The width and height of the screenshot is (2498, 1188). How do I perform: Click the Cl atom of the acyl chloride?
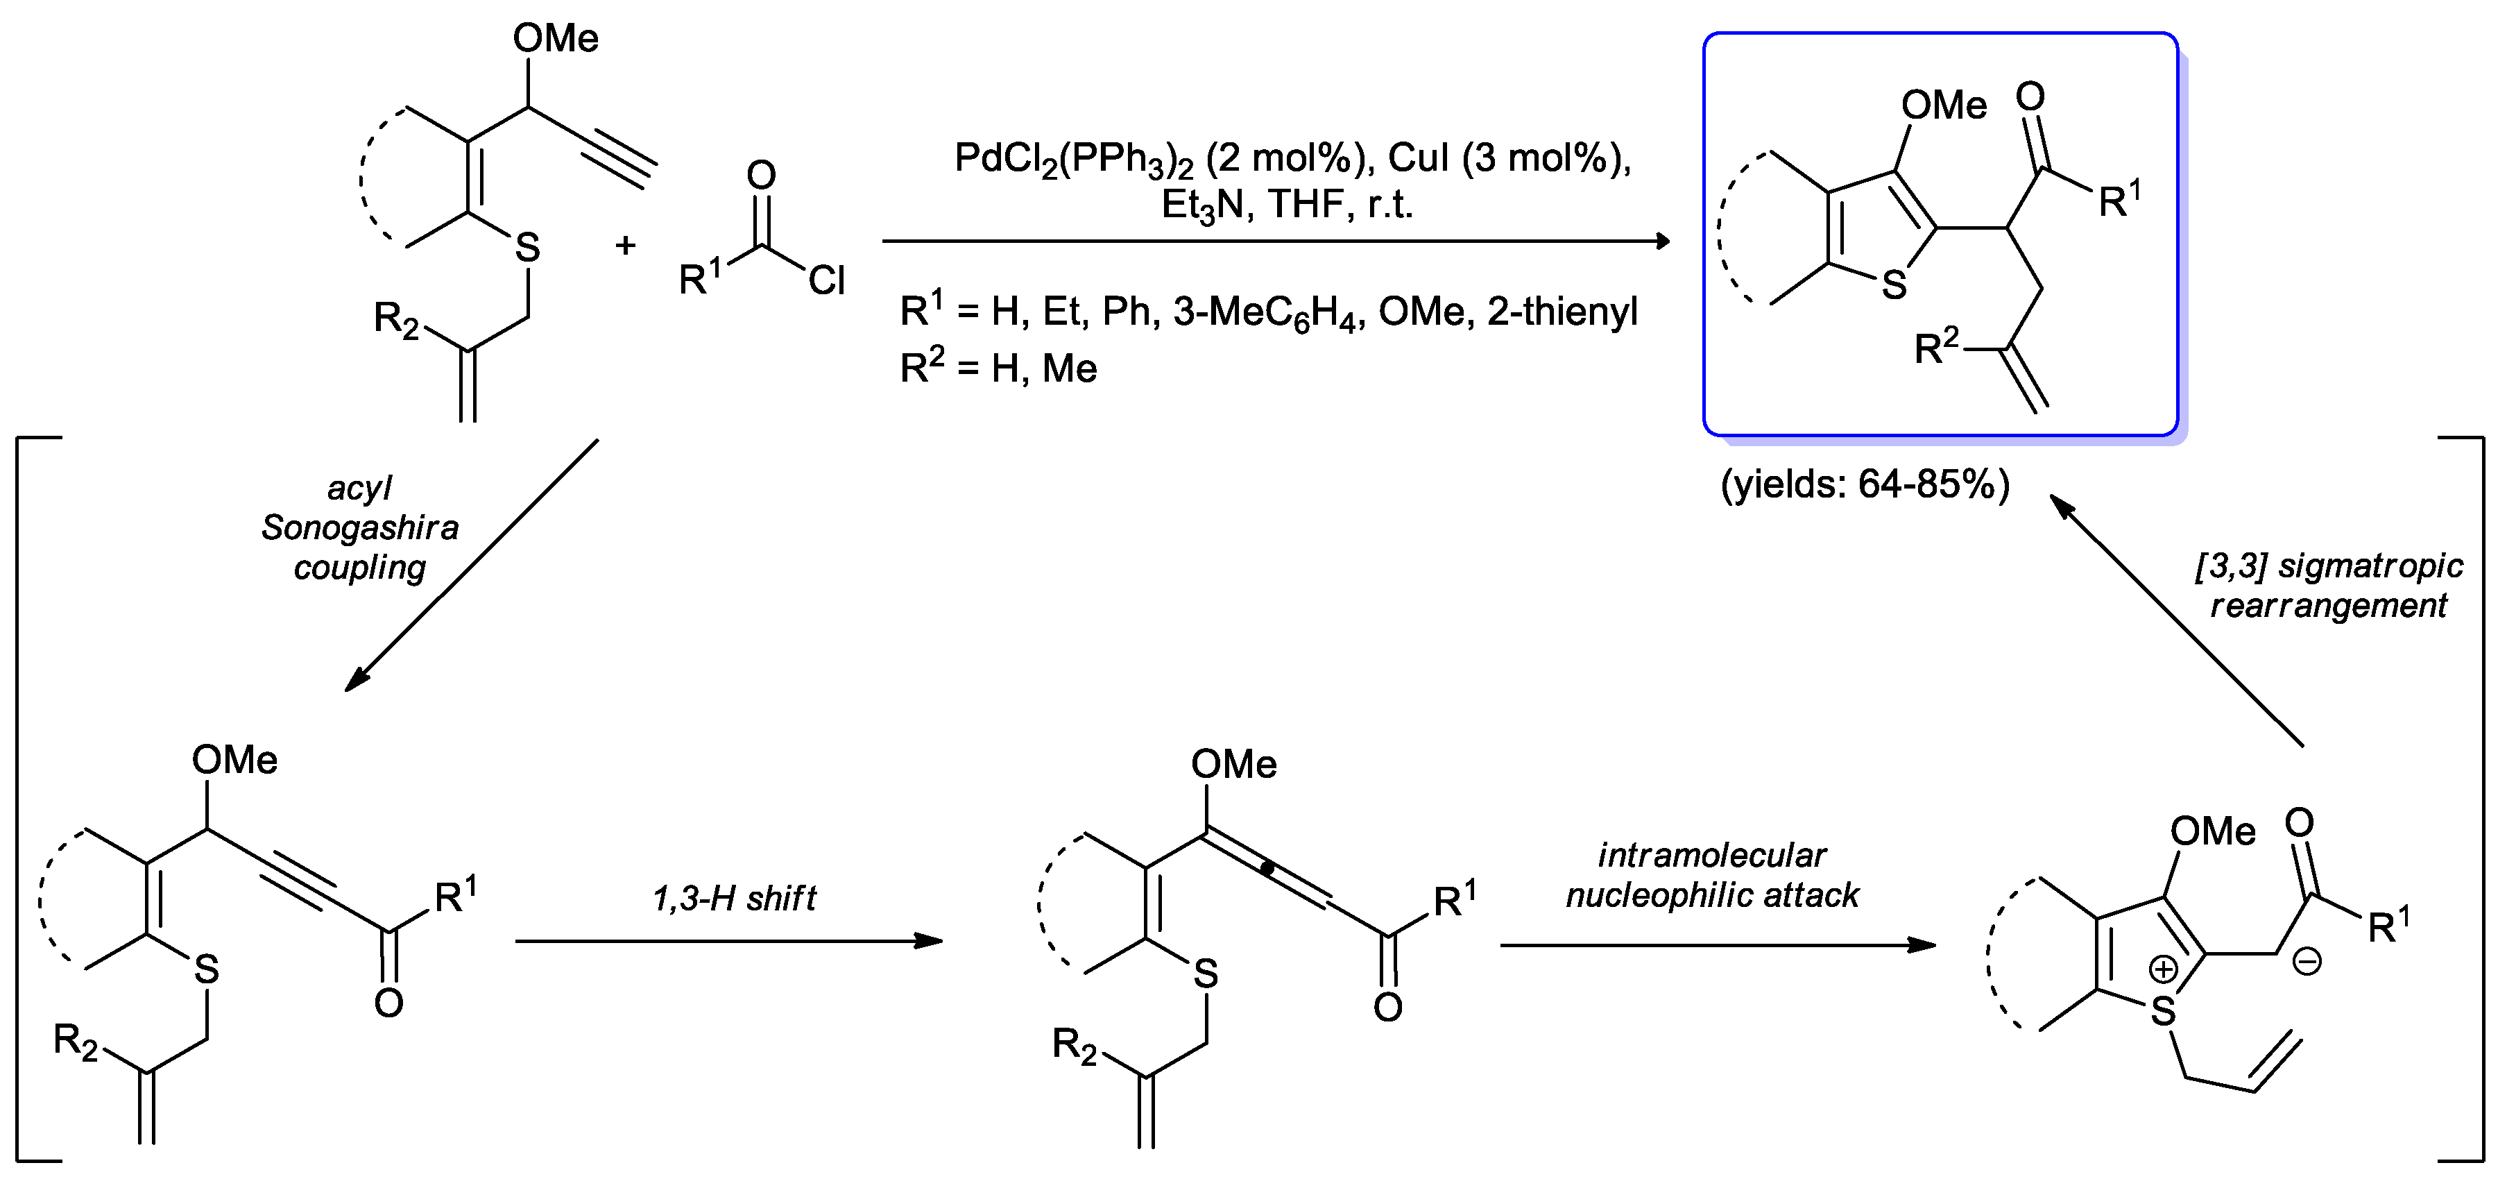click(x=826, y=281)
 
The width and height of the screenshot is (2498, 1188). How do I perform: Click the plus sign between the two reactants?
click(x=626, y=246)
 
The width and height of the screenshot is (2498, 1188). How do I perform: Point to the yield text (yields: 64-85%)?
click(x=1864, y=484)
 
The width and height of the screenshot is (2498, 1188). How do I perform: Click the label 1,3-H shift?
click(x=734, y=899)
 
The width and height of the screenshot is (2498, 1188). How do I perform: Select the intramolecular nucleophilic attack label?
click(x=1713, y=875)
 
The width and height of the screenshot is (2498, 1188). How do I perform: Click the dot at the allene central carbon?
click(x=1267, y=869)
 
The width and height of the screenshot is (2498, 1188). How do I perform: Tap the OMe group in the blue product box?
click(x=1943, y=105)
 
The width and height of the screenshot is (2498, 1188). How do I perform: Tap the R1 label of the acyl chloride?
click(x=700, y=278)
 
